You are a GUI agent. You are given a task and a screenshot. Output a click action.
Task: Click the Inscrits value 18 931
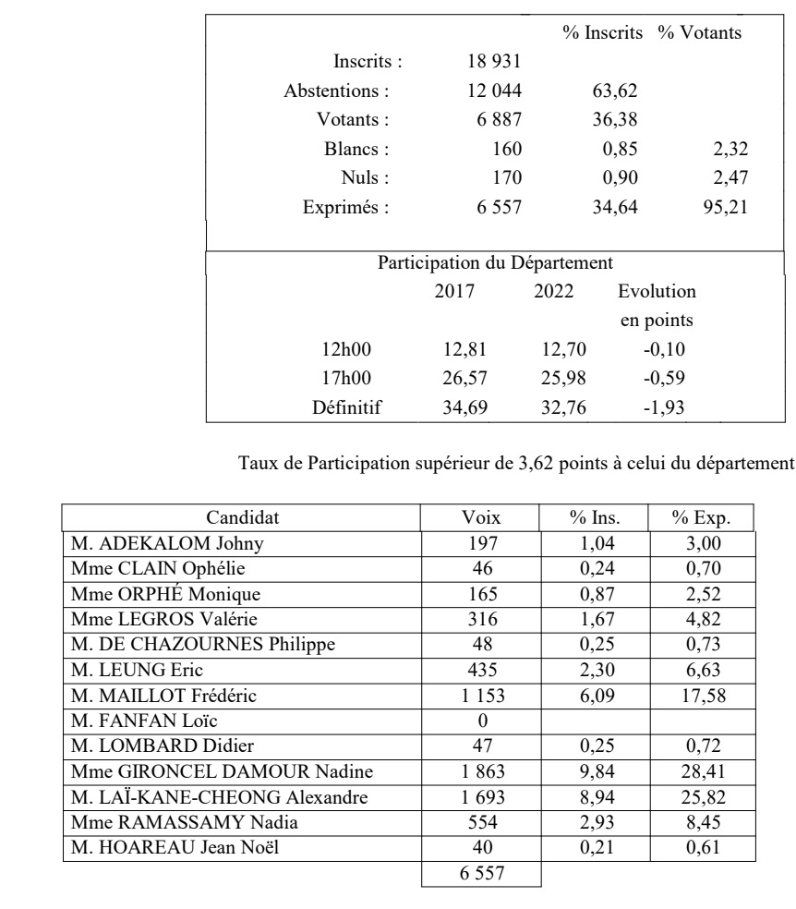pos(496,63)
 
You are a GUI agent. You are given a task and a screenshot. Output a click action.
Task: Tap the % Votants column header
pos(699,33)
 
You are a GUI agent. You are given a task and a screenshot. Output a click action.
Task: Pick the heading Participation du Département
pos(496,262)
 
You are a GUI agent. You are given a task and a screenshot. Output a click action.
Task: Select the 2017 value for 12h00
pos(464,349)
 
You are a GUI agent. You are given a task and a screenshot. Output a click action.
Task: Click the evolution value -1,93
pos(661,406)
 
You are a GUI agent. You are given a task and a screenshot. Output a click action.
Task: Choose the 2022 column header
pos(553,291)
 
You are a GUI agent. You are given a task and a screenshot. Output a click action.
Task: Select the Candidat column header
pos(242,516)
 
